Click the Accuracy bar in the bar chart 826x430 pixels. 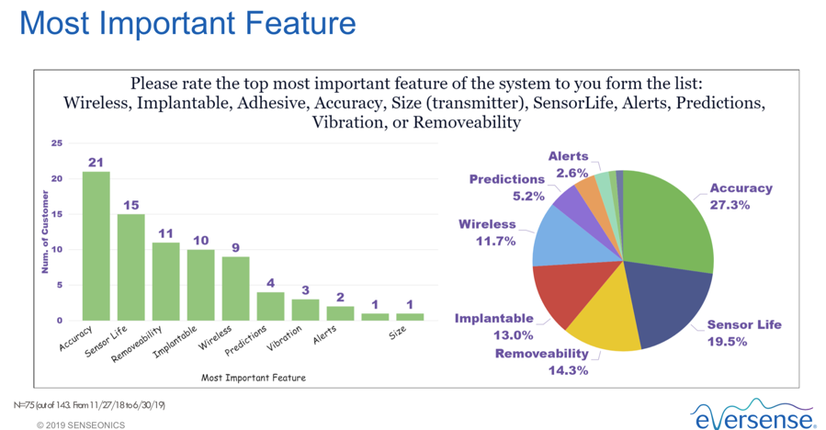(x=96, y=246)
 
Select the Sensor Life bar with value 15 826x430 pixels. (x=131, y=267)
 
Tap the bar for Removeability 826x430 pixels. (x=166, y=281)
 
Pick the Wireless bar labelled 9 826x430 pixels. (x=235, y=289)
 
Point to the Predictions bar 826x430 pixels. (x=271, y=306)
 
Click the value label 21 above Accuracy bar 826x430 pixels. (x=96, y=163)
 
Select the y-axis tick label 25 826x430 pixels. (x=56, y=142)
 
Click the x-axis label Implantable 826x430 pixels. (x=175, y=342)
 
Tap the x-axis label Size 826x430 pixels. (x=398, y=332)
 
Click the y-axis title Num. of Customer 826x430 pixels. (x=45, y=232)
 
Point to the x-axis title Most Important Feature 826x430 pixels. (x=254, y=378)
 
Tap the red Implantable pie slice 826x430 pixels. (x=571, y=289)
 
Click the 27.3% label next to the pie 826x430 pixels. (x=730, y=205)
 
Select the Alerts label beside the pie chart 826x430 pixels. (x=568, y=156)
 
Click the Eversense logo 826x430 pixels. (x=752, y=414)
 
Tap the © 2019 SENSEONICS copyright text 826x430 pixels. (x=81, y=424)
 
